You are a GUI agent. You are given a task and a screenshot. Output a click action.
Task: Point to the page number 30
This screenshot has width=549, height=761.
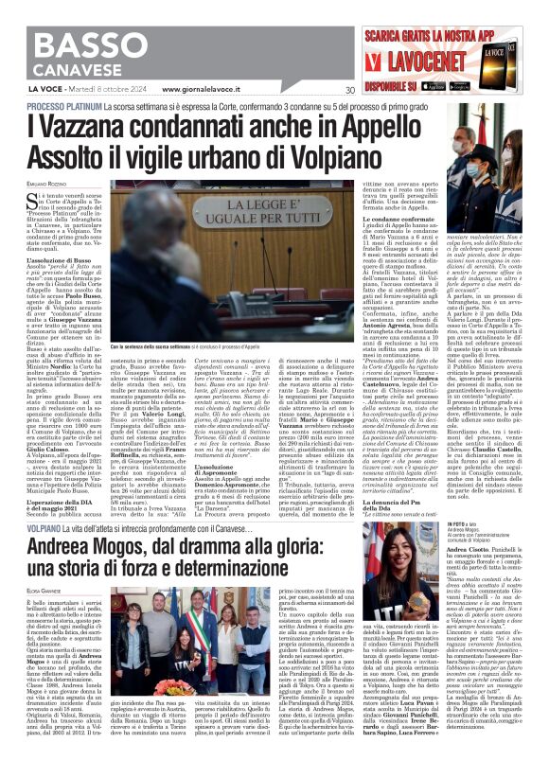pyautogui.click(x=350, y=91)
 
